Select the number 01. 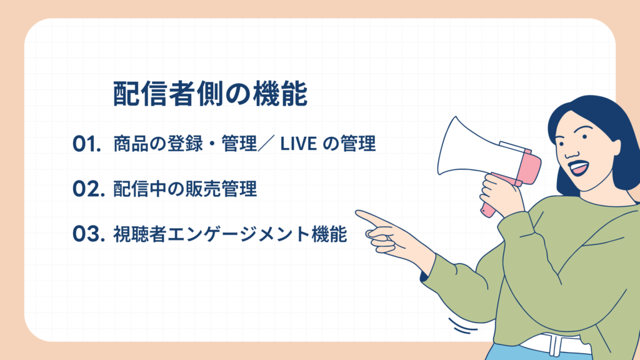point(87,144)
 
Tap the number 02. point(87,189)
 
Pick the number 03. point(87,234)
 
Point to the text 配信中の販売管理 point(185,189)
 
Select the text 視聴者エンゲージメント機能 point(229,234)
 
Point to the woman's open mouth point(579,167)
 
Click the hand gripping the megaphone point(504,191)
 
